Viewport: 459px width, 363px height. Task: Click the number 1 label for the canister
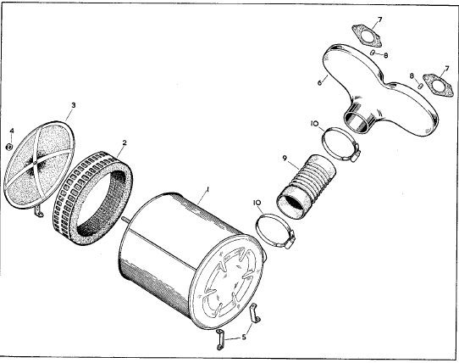[x=207, y=190]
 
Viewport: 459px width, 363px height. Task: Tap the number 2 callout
[x=124, y=142]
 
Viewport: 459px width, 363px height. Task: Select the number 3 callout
[x=74, y=105]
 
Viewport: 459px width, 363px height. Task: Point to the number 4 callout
[x=12, y=131]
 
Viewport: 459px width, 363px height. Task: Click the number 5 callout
[x=244, y=338]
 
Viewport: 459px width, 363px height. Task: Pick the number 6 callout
[x=319, y=82]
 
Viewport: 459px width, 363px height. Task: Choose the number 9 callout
[x=285, y=159]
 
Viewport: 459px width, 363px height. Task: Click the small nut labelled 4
[x=9, y=147]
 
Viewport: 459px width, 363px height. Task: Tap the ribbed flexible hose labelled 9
[x=307, y=187]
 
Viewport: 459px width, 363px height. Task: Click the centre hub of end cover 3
[x=35, y=162]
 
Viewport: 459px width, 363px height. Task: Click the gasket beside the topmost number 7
[x=367, y=36]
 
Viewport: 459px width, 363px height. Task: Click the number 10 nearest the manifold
[x=314, y=124]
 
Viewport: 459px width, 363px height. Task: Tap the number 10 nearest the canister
[x=257, y=203]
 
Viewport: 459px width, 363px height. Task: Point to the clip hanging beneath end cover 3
[x=38, y=211]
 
